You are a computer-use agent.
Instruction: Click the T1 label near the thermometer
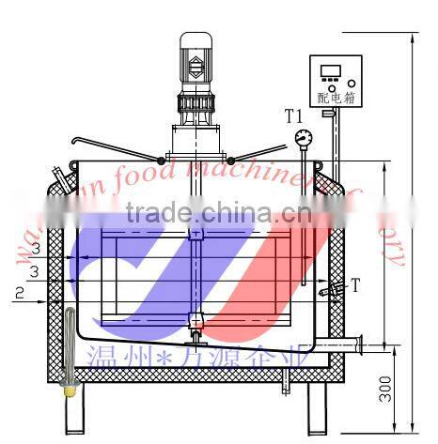tap(293, 116)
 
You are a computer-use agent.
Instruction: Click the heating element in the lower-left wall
tap(69, 347)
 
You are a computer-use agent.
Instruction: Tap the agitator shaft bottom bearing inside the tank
tap(195, 320)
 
